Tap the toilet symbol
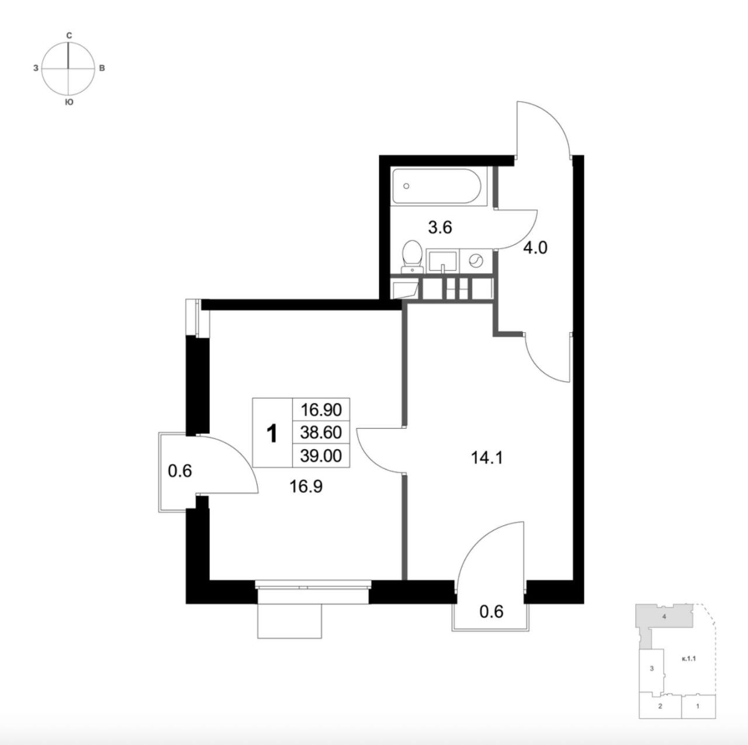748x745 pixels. pyautogui.click(x=412, y=257)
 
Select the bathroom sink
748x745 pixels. pyautogui.click(x=442, y=262)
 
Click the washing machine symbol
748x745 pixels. pyautogui.click(x=476, y=261)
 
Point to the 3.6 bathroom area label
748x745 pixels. pyautogui.click(x=440, y=227)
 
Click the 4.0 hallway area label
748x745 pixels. pyautogui.click(x=535, y=247)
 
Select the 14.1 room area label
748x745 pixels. pyautogui.click(x=487, y=458)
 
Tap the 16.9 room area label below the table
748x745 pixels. pyautogui.click(x=306, y=487)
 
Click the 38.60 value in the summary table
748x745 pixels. pyautogui.click(x=321, y=432)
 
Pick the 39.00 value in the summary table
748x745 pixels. pyautogui.click(x=321, y=455)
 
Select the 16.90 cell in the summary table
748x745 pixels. pyautogui.click(x=321, y=410)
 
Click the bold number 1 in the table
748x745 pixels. pyautogui.click(x=272, y=433)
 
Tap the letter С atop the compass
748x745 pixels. pyautogui.click(x=69, y=36)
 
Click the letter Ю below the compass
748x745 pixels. pyautogui.click(x=69, y=102)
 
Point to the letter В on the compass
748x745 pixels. pyautogui.click(x=102, y=68)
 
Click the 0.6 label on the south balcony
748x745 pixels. pyautogui.click(x=491, y=612)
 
